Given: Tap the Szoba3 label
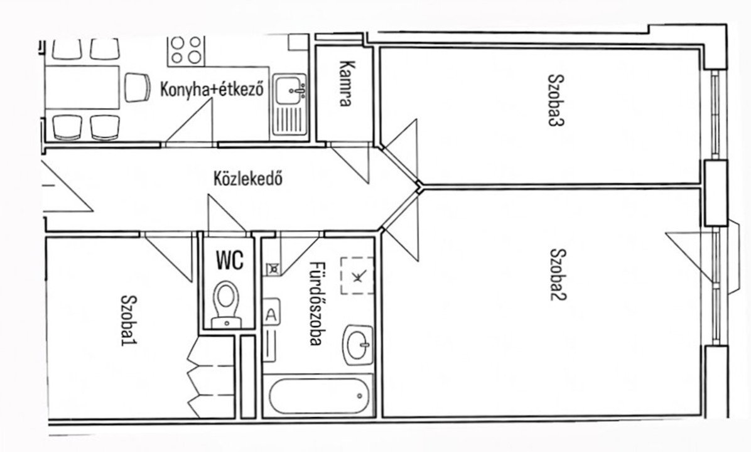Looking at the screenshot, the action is pyautogui.click(x=556, y=100).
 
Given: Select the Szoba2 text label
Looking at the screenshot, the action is pyautogui.click(x=558, y=274).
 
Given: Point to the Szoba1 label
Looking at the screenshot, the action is pyautogui.click(x=128, y=320).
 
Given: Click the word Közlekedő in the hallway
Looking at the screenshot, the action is pyautogui.click(x=247, y=178).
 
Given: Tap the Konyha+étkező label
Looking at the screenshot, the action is pyautogui.click(x=212, y=90).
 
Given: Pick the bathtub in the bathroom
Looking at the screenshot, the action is pyautogui.click(x=318, y=396).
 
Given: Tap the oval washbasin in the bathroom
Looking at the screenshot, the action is pyautogui.click(x=359, y=345).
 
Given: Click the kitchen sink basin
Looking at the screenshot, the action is pyautogui.click(x=289, y=89).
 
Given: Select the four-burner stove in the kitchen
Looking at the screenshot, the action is pyautogui.click(x=186, y=50).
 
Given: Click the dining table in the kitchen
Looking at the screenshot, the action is pyautogui.click(x=82, y=88).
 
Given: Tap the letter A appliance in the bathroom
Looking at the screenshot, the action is pyautogui.click(x=271, y=313).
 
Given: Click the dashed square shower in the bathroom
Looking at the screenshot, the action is pyautogui.click(x=357, y=276).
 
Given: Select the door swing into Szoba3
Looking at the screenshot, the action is pyautogui.click(x=401, y=149).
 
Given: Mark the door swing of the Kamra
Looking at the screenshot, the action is pyautogui.click(x=350, y=163).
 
